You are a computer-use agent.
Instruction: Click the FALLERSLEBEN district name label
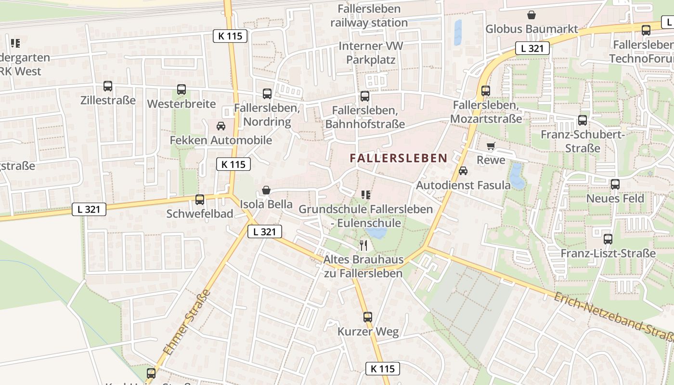(x=399, y=158)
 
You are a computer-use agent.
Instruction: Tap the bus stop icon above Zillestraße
(x=108, y=87)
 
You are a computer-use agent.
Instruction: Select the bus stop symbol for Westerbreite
(x=181, y=90)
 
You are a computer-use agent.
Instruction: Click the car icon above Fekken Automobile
(x=221, y=126)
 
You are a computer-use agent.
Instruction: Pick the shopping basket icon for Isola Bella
(x=266, y=191)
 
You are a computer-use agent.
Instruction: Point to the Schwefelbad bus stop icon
(x=200, y=199)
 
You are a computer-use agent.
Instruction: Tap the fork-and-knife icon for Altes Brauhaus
(x=363, y=245)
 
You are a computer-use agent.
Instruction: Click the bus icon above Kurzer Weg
(x=368, y=317)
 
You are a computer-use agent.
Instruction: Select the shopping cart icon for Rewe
(x=491, y=146)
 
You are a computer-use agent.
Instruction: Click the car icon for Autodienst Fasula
(x=463, y=171)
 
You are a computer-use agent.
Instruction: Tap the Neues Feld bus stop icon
(x=615, y=184)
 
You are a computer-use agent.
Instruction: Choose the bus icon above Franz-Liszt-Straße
(x=608, y=239)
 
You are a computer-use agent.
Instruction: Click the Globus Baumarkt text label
(x=531, y=29)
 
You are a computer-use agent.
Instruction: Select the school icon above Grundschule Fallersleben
(x=366, y=195)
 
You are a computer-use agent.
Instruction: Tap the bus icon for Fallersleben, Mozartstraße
(x=486, y=91)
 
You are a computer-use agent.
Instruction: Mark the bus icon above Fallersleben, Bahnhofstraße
(x=365, y=96)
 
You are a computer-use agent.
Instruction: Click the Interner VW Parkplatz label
(x=371, y=53)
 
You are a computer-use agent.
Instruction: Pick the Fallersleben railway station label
(x=369, y=16)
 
